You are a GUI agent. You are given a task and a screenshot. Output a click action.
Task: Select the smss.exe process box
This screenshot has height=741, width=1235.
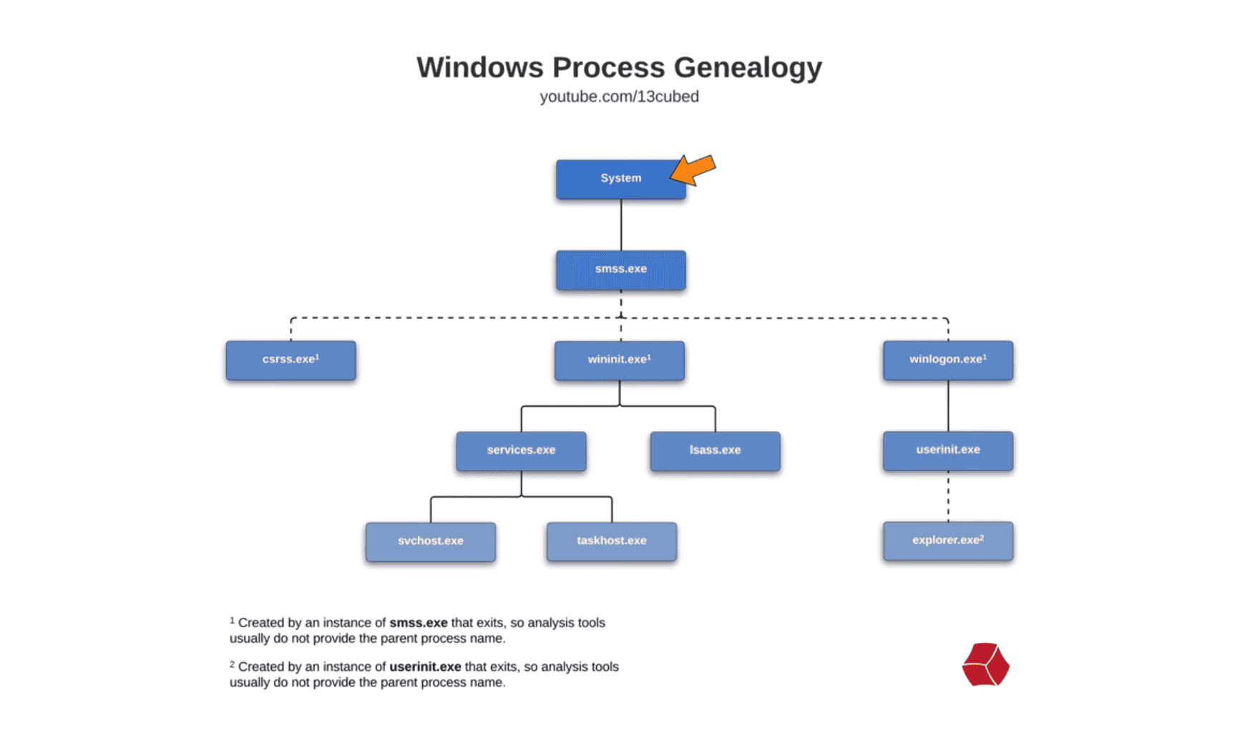620,270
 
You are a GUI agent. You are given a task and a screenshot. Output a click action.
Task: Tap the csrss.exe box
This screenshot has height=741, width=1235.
291,360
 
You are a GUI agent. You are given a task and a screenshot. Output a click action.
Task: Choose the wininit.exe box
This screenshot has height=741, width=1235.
619,360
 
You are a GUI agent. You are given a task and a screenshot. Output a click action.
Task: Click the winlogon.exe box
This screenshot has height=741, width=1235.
947,360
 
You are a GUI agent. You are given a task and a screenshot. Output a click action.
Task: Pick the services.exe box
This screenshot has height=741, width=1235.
521,451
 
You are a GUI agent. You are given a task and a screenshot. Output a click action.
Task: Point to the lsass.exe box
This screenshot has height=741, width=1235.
715,451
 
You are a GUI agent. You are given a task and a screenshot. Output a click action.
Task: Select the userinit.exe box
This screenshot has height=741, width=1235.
947,451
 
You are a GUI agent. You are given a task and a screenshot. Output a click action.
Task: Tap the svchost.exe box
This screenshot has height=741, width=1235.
430,542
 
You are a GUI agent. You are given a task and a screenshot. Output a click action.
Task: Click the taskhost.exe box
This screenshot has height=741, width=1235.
611,542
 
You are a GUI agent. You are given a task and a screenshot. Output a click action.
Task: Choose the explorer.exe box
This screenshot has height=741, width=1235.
947,541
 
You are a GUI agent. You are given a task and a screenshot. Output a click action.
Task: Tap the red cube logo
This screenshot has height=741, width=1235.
985,664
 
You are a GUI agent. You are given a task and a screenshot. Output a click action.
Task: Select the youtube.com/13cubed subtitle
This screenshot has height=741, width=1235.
619,97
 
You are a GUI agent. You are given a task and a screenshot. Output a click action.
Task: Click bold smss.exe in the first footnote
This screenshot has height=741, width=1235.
418,623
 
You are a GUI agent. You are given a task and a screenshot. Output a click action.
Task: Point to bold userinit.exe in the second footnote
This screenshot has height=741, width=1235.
425,667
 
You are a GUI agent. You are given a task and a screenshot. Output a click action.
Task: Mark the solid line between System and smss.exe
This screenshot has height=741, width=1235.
621,225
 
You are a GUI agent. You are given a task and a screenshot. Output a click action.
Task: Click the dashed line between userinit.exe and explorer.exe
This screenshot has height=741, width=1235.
948,496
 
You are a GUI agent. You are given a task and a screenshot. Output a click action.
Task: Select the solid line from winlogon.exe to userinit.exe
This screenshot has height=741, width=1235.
948,406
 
